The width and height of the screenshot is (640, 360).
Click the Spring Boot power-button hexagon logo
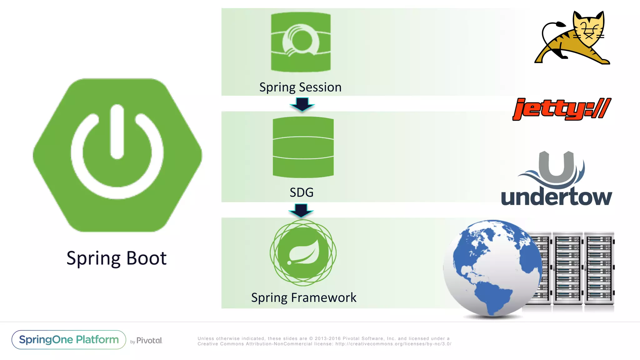tap(117, 155)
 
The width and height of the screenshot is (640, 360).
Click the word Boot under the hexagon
tap(146, 258)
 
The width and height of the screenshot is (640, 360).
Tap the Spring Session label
tap(300, 87)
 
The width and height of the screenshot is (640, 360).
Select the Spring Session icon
tap(301, 42)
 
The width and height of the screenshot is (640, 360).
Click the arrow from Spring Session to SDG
tap(302, 104)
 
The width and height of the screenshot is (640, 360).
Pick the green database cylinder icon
tap(303, 147)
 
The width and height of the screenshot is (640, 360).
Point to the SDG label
tap(302, 192)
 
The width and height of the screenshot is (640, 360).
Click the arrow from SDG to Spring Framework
tap(301, 210)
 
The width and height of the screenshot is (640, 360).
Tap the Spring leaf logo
tap(303, 252)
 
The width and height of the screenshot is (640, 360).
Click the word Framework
tap(323, 297)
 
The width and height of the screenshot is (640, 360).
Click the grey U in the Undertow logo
tap(557, 167)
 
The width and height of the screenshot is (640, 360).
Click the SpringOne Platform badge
tap(69, 340)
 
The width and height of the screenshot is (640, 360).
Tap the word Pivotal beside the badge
tap(149, 340)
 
